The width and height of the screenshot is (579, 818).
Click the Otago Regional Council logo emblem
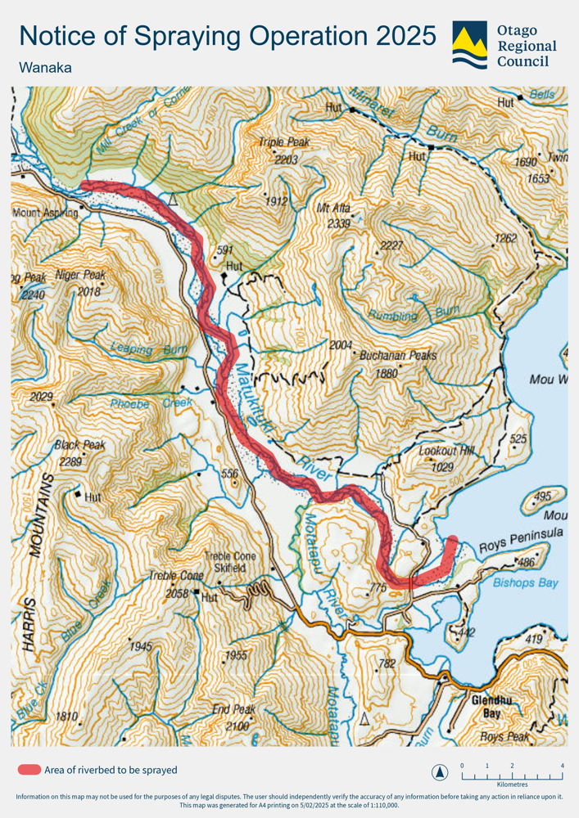tap(469, 46)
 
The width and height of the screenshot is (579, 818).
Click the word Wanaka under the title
tap(45, 68)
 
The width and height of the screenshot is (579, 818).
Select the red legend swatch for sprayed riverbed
tap(29, 770)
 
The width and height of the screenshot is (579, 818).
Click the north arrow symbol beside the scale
tap(440, 771)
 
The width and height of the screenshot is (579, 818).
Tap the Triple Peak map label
tap(284, 142)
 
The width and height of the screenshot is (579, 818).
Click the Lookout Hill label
tap(447, 452)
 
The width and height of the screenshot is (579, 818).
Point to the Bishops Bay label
tap(526, 582)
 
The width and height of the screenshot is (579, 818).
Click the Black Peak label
tap(79, 446)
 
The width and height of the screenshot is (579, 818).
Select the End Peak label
tap(233, 709)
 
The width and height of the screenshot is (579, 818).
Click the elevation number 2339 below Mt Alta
tap(338, 222)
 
